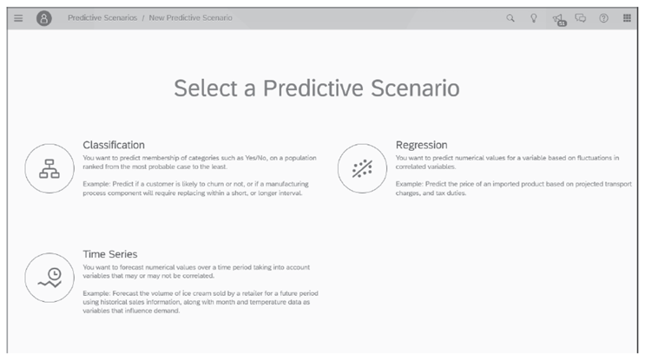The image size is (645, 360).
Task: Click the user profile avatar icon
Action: (x=43, y=18)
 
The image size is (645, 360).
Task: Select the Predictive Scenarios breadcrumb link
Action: (x=102, y=18)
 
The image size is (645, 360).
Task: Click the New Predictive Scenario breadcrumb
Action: (x=191, y=18)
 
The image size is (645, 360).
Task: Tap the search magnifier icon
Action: (x=510, y=18)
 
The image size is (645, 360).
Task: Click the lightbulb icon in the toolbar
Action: (x=534, y=18)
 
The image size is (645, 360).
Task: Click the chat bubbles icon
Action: (x=581, y=18)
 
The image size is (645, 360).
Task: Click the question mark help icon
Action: (x=603, y=18)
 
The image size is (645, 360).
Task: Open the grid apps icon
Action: (x=627, y=18)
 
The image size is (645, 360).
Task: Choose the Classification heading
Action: (x=114, y=145)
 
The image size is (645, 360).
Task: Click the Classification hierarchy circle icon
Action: (x=49, y=168)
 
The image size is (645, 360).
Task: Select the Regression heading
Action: (x=421, y=145)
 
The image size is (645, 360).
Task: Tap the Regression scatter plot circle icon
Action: (x=362, y=168)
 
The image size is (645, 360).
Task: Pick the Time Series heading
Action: (x=109, y=254)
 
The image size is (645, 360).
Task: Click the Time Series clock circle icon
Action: (x=49, y=278)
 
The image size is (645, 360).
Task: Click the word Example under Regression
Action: (x=410, y=185)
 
